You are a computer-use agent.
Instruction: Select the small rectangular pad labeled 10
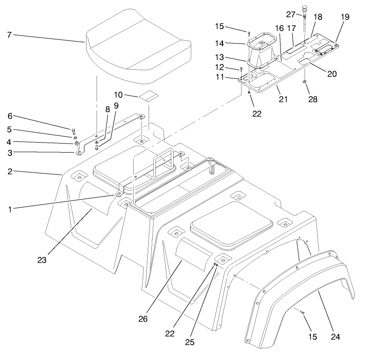pyautogui.click(x=148, y=96)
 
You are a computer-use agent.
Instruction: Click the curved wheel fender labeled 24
pyautogui.click(x=299, y=294)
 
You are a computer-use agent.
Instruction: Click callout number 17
pyautogui.click(x=292, y=28)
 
